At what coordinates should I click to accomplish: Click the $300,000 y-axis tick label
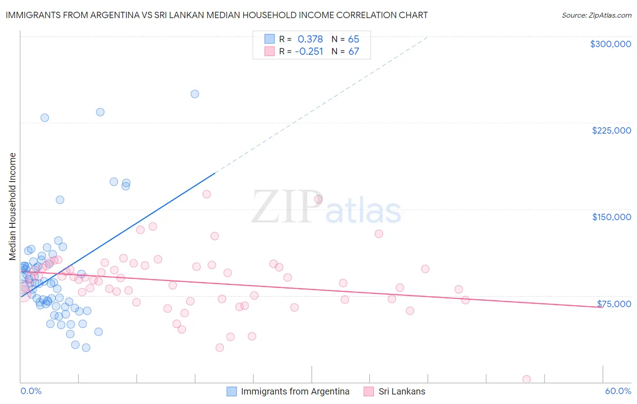coord(610,44)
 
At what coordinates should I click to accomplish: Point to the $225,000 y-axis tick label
coord(611,130)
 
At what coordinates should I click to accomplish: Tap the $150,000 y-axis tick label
coord(611,217)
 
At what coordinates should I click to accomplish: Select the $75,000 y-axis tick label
coord(613,304)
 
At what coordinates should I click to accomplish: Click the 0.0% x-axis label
coord(31,391)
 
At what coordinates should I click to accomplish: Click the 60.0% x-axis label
coord(618,391)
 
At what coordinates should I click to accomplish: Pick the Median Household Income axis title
coord(13,207)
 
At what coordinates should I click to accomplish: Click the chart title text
coord(217,15)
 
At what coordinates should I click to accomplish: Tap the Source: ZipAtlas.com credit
coord(596,15)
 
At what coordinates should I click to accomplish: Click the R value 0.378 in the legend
coord(310,39)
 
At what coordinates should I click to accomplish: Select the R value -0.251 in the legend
coord(309,52)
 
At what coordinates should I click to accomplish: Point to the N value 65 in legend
coord(353,39)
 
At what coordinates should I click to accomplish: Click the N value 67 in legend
coord(353,52)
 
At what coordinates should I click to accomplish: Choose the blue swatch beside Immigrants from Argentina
coord(232,391)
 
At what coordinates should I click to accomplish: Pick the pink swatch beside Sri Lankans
coord(369,391)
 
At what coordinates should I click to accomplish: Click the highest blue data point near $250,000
coord(195,94)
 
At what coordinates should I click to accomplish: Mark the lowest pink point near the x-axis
coord(526,379)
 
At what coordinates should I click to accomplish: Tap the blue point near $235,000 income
coord(100,112)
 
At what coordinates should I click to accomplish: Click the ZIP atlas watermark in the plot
coord(326,207)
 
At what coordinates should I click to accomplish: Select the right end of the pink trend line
coord(602,308)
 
